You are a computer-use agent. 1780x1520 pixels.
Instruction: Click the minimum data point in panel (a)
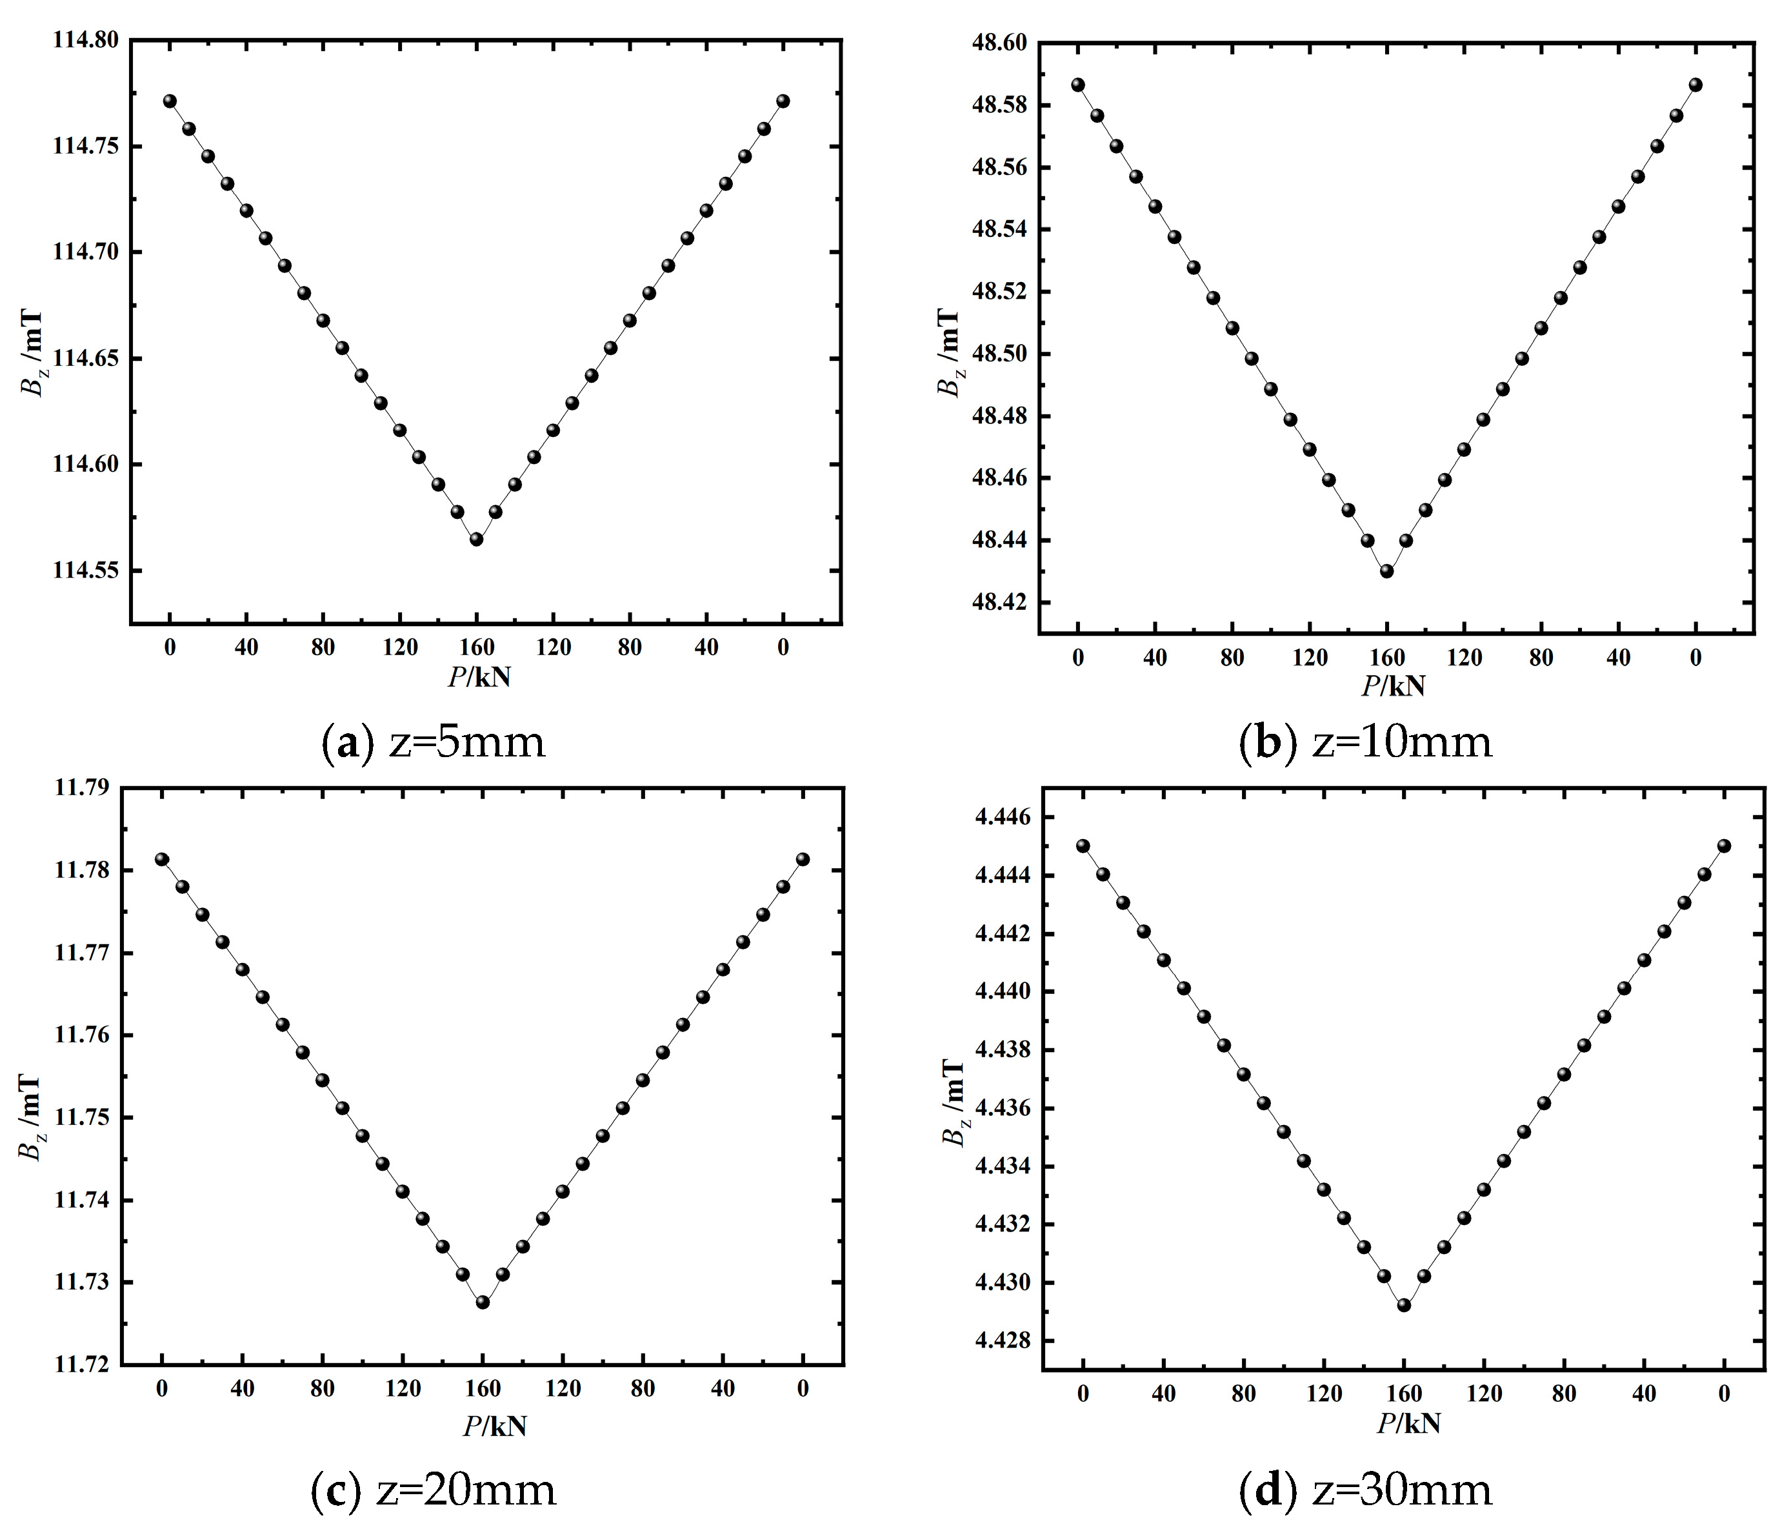point(476,540)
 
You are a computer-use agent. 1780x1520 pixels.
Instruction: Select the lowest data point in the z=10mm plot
point(1386,571)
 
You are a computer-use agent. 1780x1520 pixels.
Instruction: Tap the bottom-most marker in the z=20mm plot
point(483,1302)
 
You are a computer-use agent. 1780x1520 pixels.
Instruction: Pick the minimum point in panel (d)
point(1404,1305)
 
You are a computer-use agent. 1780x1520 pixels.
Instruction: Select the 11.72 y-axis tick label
point(83,1364)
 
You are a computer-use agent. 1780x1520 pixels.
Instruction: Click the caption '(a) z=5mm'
point(433,742)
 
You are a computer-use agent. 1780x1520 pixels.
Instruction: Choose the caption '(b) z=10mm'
point(1365,742)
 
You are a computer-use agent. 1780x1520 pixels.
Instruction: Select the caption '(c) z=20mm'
point(433,1489)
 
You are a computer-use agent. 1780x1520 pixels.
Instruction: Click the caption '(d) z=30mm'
point(1365,1489)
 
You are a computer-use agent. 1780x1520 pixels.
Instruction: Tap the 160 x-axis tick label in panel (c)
point(483,1388)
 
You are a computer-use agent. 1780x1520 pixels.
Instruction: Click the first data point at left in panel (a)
point(170,101)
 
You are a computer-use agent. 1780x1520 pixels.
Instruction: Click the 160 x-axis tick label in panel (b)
point(1386,658)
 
